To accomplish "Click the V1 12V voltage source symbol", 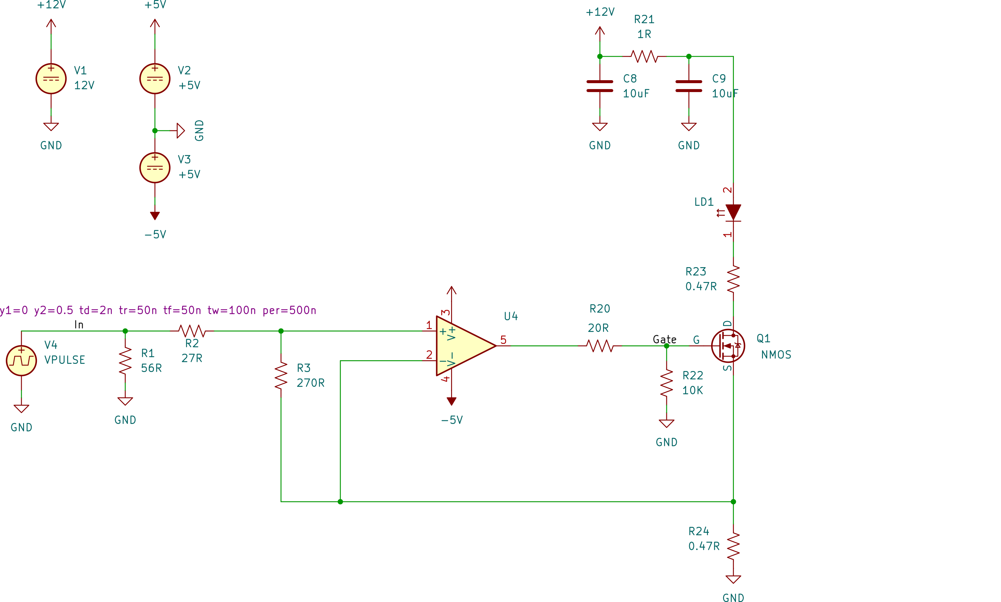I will click(x=51, y=79).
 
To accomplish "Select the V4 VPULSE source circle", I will click(x=21, y=360).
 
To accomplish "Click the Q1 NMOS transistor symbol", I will click(x=728, y=346).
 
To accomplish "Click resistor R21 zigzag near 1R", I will click(x=644, y=56).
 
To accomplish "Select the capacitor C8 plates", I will click(x=600, y=86).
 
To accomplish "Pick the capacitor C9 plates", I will click(x=688, y=86).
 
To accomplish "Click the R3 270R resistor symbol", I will click(x=281, y=376).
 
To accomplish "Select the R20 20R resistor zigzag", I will click(x=600, y=346).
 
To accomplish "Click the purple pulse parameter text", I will click(x=158, y=310).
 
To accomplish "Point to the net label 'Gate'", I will click(x=664, y=339).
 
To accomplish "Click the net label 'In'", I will click(x=79, y=325).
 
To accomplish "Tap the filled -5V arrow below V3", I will click(x=154, y=215).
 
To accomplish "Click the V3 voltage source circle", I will click(x=154, y=168).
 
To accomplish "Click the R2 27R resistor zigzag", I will click(x=192, y=331).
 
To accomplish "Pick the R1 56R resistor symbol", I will click(x=125, y=361).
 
